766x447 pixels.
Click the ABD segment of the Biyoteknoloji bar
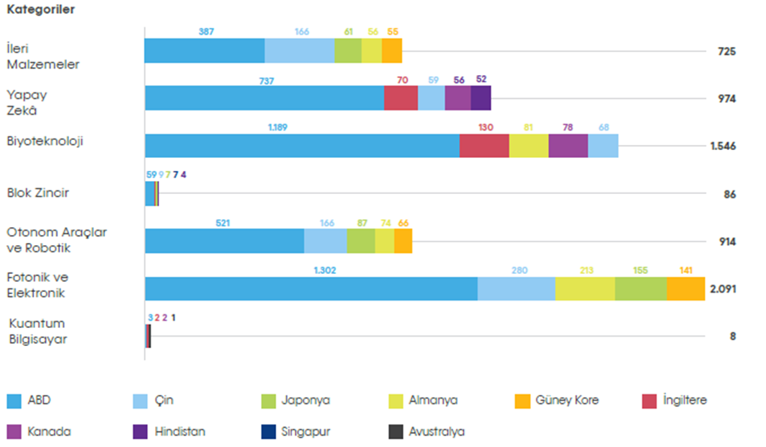302,145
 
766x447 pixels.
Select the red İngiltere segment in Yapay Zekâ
401,98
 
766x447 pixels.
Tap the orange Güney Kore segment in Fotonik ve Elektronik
685,288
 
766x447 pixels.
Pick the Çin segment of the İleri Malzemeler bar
299,51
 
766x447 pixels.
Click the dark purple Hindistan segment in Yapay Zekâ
481,98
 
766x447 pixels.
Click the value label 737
267,81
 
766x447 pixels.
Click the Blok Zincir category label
37,193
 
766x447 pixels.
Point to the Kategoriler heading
40,11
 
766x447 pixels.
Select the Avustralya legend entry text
437,432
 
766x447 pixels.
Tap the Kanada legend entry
49,432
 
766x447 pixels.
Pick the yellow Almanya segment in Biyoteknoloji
528,145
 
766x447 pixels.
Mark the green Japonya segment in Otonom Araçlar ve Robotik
361,241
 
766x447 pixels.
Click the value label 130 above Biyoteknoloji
484,128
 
